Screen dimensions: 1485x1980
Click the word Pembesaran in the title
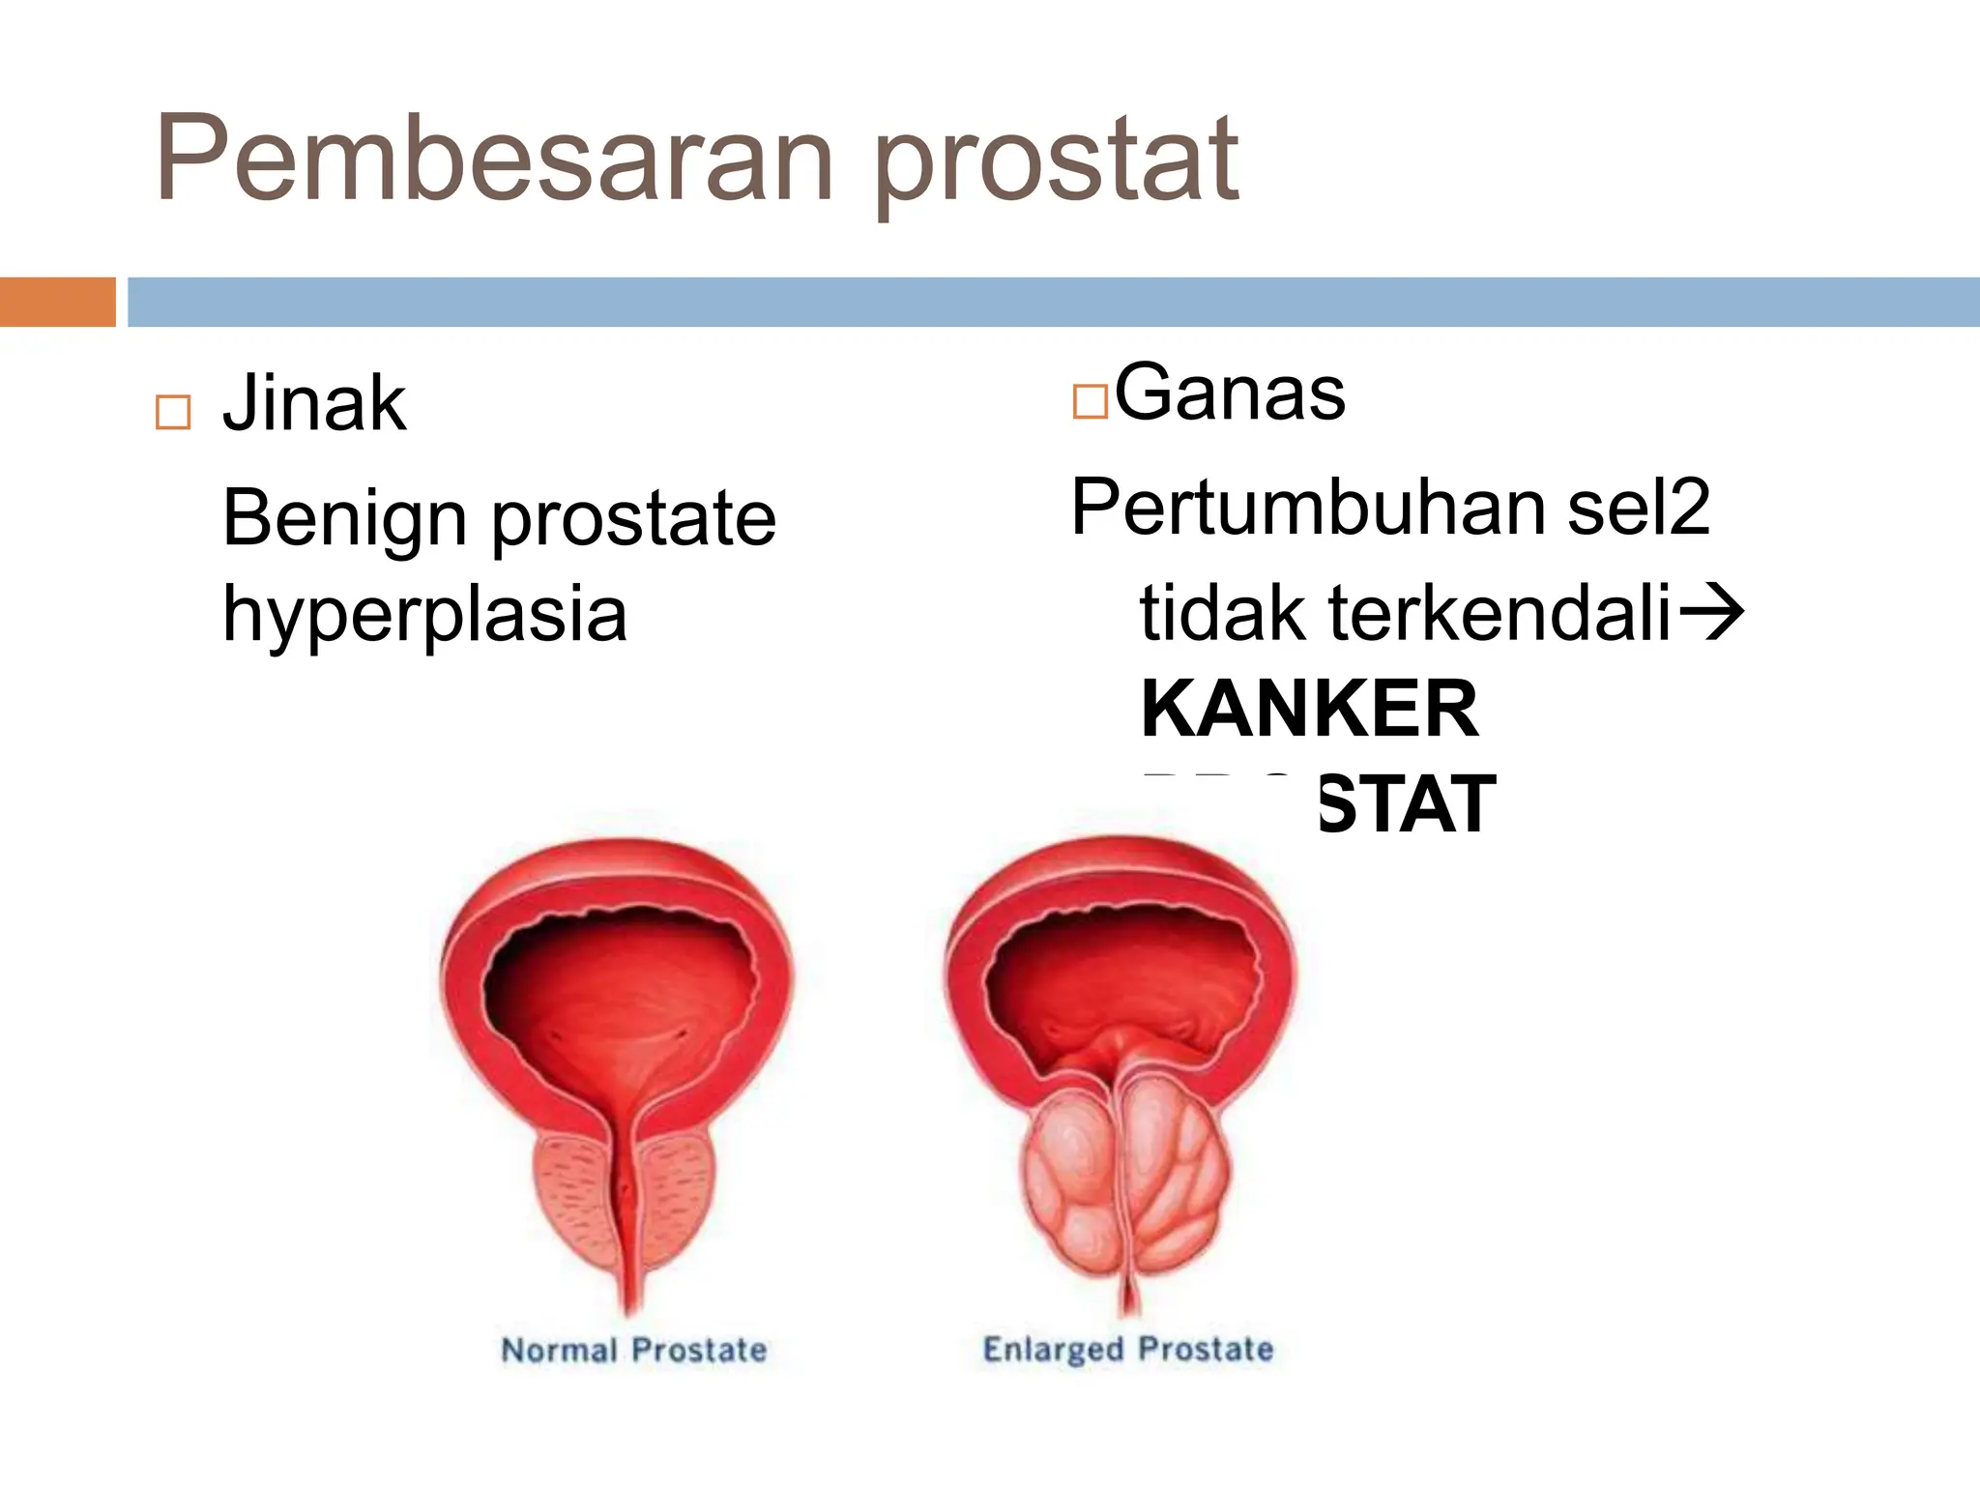click(493, 160)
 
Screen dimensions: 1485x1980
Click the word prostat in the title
click(1056, 164)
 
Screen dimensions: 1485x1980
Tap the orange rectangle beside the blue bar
click(57, 302)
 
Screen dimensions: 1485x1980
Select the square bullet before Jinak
click(173, 413)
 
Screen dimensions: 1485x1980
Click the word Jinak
click(314, 404)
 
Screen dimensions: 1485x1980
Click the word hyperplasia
click(424, 615)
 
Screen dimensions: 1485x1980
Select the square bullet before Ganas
click(1090, 401)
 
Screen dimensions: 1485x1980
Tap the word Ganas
click(1230, 393)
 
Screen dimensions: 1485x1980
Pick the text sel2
click(1638, 508)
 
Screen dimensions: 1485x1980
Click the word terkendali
click(1500, 613)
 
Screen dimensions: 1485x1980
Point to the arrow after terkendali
click(1711, 613)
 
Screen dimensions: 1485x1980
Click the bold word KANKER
click(1309, 710)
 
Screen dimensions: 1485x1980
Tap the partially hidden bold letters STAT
click(1406, 805)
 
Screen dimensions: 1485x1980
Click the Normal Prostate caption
click(634, 1351)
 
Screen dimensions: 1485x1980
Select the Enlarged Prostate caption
click(1127, 1350)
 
